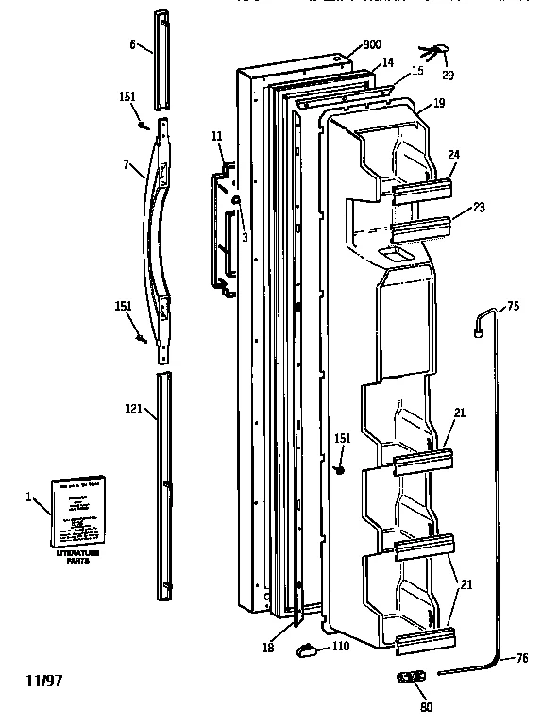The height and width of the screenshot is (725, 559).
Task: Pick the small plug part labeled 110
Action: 308,648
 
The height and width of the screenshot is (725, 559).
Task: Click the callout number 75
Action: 513,305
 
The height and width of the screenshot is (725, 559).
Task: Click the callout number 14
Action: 387,63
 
